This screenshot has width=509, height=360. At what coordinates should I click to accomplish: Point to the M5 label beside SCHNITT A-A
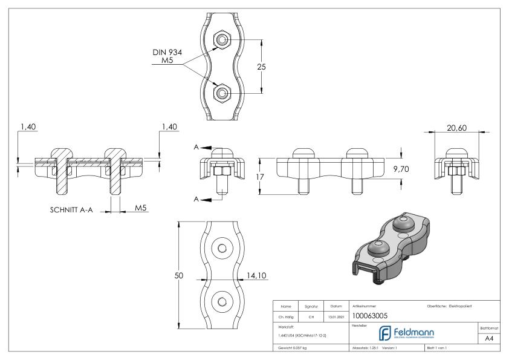(141, 208)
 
